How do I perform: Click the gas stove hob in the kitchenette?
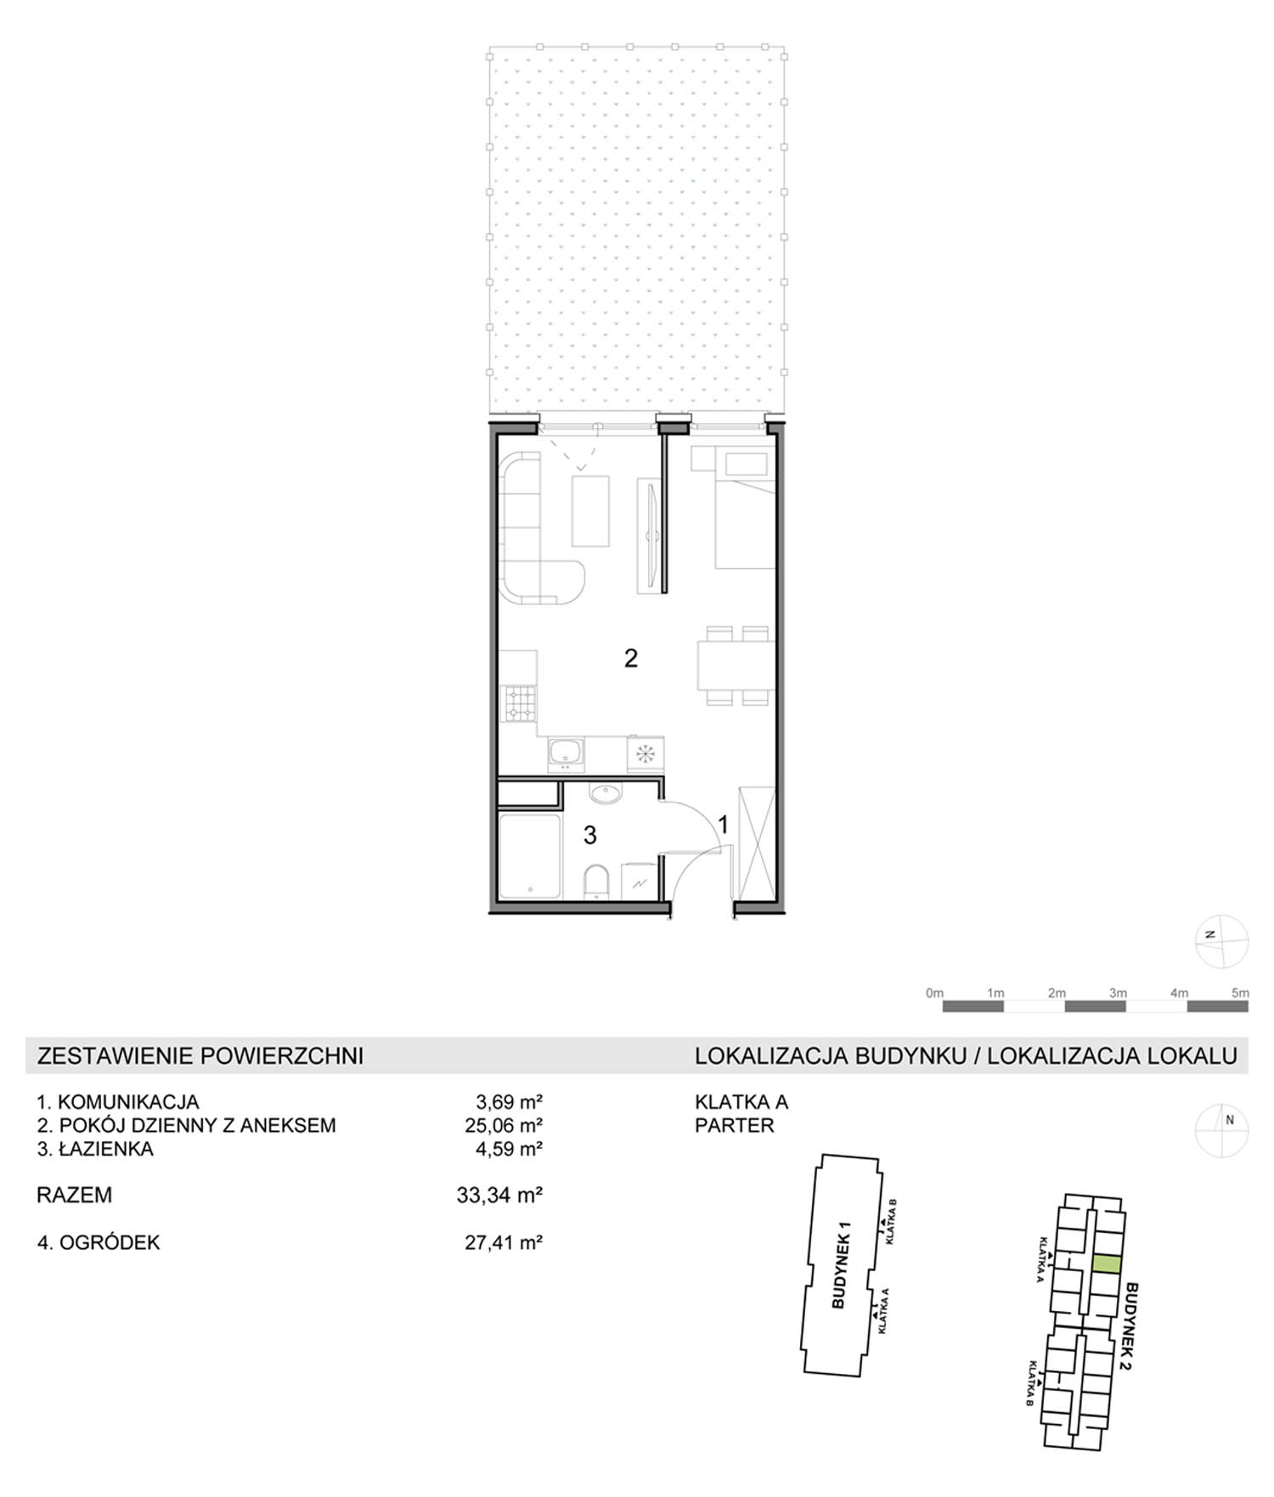click(521, 702)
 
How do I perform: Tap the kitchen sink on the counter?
click(566, 752)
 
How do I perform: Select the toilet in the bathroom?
click(597, 881)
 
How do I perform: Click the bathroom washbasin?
click(606, 794)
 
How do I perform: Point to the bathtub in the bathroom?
click(530, 856)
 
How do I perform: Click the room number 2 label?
click(630, 658)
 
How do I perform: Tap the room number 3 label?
click(589, 836)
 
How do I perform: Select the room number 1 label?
click(723, 824)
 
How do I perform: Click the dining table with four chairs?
click(736, 666)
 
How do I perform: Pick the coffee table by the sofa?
click(590, 511)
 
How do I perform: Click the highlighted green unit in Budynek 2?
click(1106, 1263)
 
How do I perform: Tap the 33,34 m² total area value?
click(499, 1195)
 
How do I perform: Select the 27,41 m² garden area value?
click(504, 1242)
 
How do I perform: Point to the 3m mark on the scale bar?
click(1118, 993)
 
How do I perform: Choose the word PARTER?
click(735, 1125)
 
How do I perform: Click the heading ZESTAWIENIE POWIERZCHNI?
click(200, 1055)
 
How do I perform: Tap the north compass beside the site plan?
click(1222, 1130)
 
